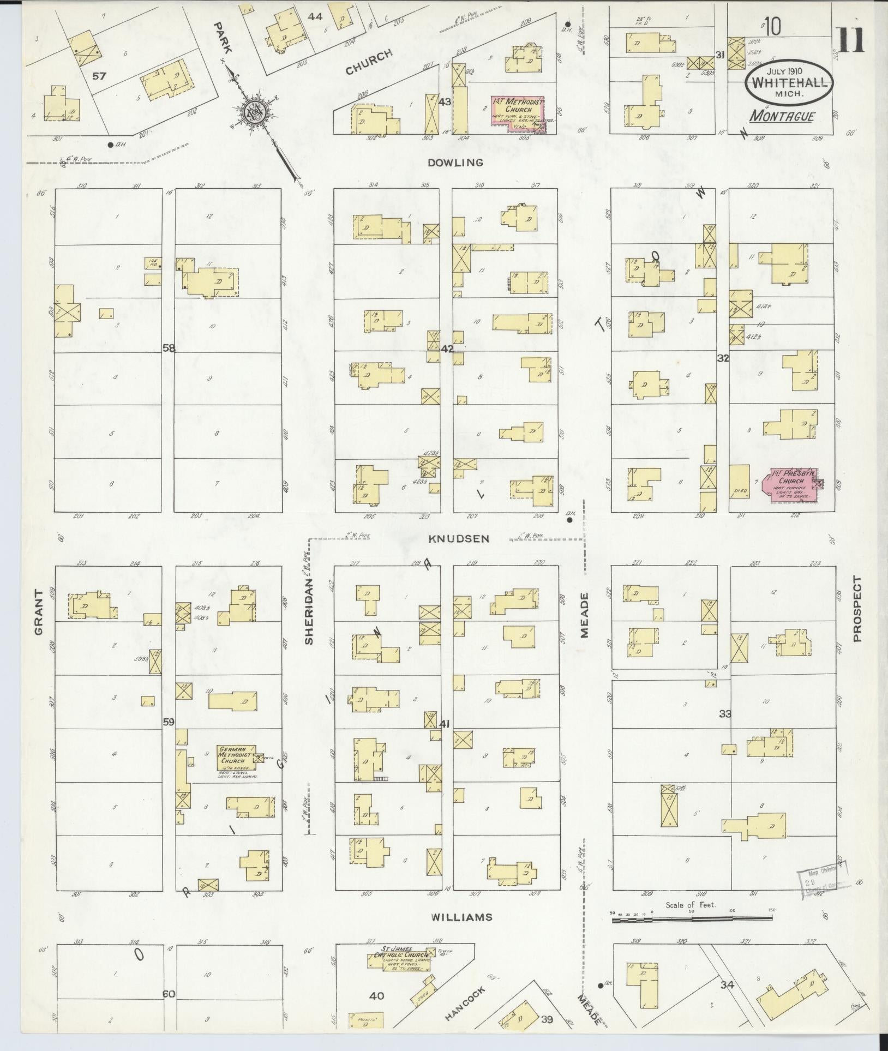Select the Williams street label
461,917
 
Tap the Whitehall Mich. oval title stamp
790,83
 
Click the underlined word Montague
782,117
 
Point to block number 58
169,348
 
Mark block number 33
725,714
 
